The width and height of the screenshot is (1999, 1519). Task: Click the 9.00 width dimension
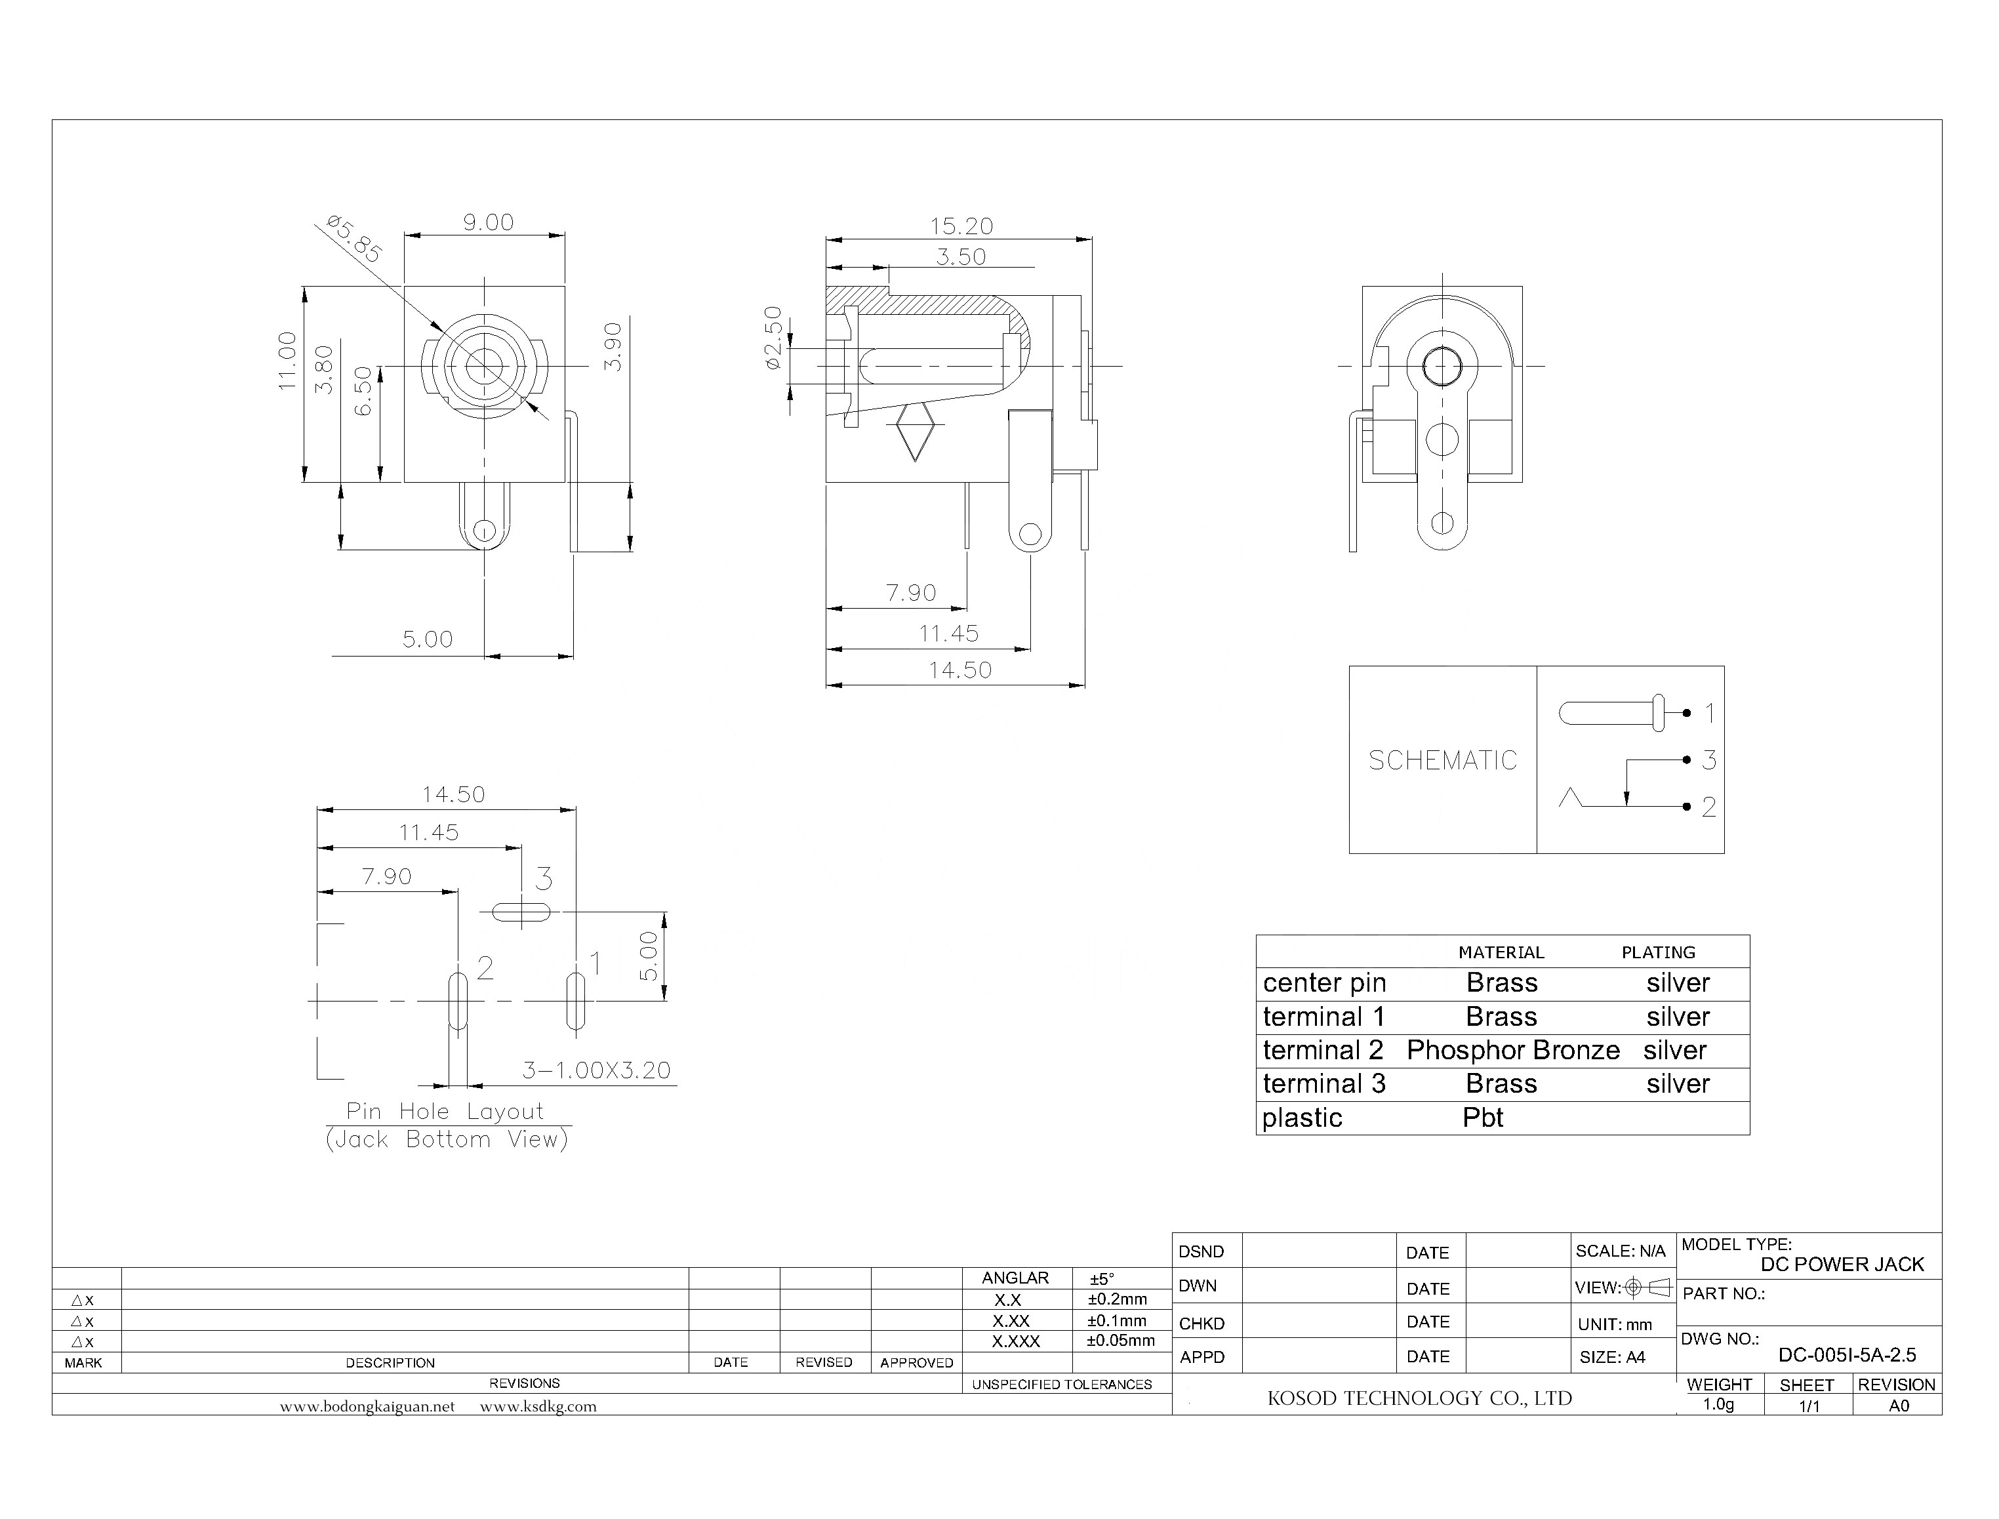click(x=488, y=222)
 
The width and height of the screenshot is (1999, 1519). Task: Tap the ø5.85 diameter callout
click(x=353, y=238)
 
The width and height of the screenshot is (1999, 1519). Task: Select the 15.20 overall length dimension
click(x=961, y=226)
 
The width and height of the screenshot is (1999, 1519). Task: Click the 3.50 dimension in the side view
click(x=960, y=257)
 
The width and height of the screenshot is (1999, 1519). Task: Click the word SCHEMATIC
click(x=1442, y=760)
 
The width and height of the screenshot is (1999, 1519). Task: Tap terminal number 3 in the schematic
click(x=1708, y=760)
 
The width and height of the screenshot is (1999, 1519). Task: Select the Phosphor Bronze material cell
click(x=1512, y=1050)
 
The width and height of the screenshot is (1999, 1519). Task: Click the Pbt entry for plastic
click(x=1483, y=1118)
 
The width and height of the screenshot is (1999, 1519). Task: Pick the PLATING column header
click(x=1657, y=952)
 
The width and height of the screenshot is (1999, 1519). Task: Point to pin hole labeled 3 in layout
click(x=521, y=912)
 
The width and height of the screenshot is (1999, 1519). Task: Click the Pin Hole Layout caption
click(x=445, y=1111)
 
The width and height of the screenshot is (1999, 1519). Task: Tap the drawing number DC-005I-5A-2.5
click(x=1846, y=1354)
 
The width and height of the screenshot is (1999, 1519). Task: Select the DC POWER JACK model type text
click(x=1842, y=1264)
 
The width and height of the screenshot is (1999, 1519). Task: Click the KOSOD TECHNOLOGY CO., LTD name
click(x=1419, y=1398)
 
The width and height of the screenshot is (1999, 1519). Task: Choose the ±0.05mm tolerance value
click(x=1120, y=1340)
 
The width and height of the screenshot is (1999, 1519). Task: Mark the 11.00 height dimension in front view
click(x=287, y=361)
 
